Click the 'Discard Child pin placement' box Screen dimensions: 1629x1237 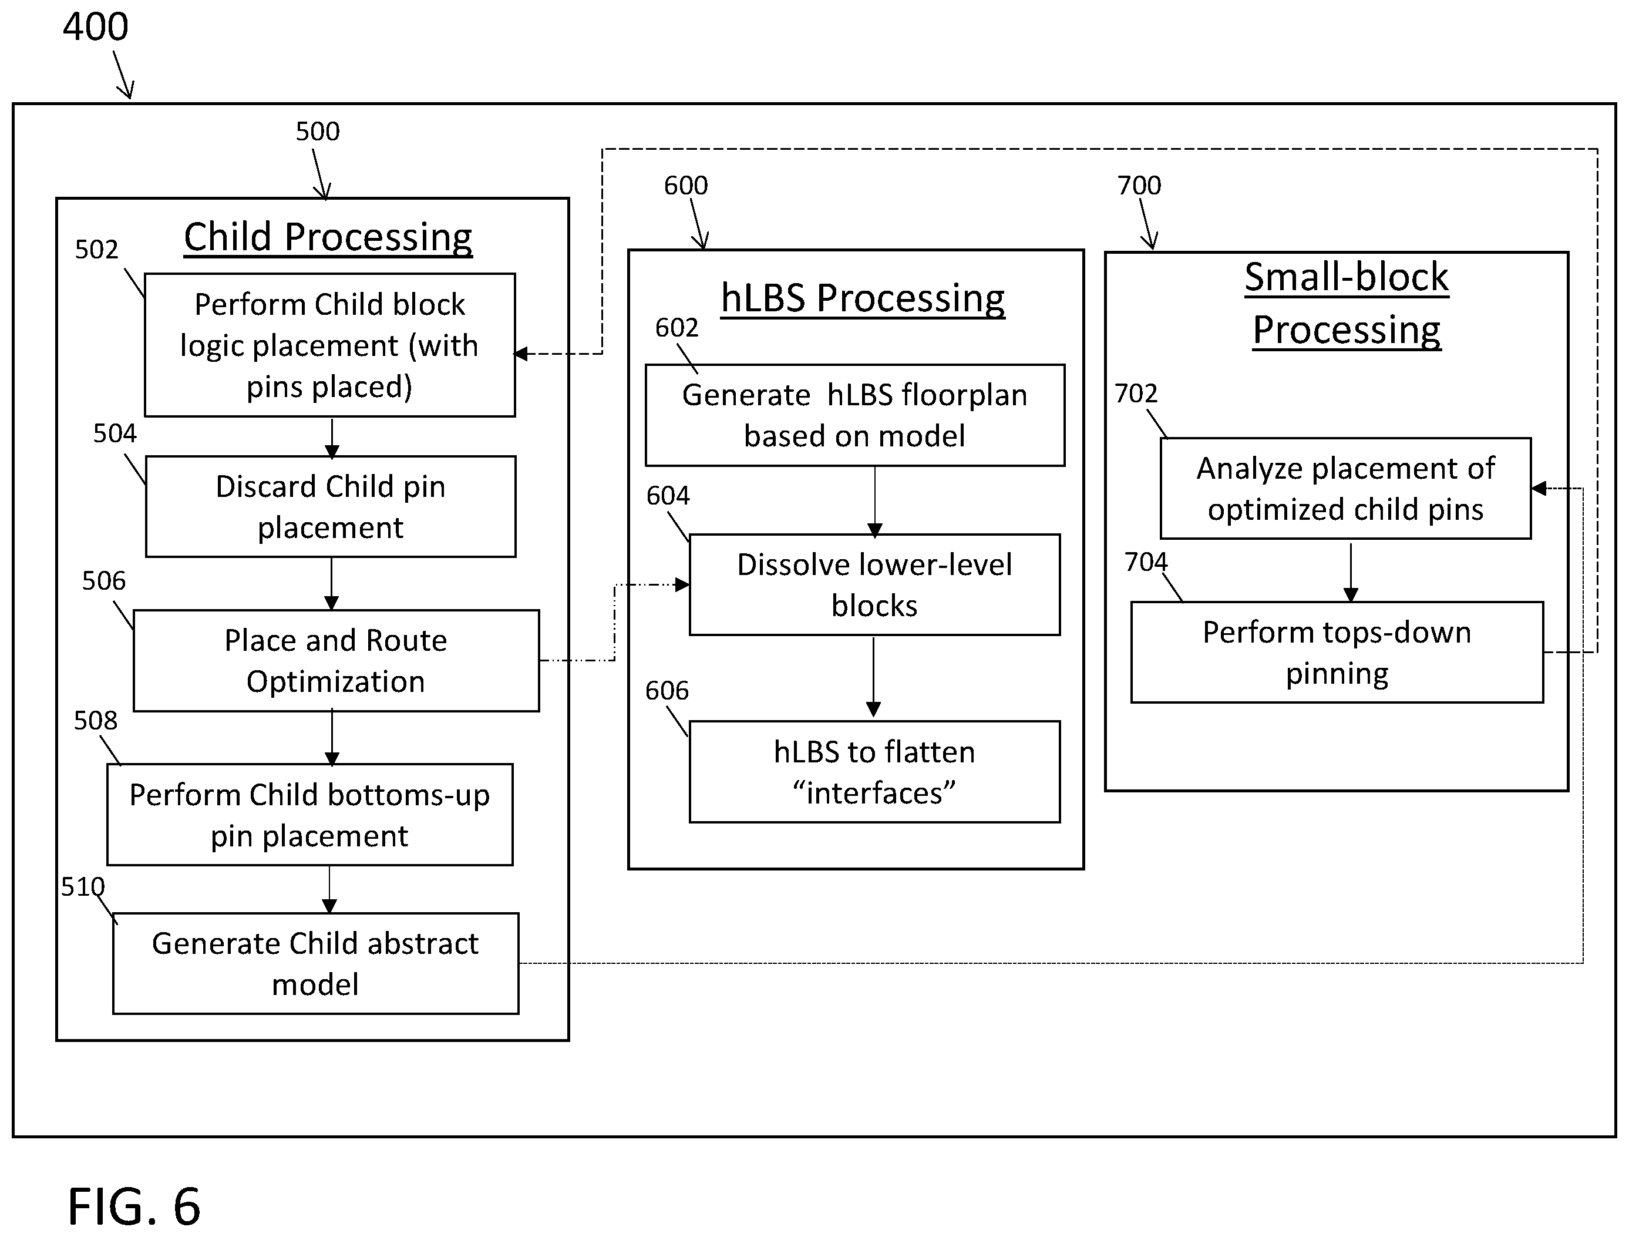point(331,506)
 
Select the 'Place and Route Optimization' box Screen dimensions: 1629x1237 point(336,660)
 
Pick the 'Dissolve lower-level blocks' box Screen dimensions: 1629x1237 point(874,584)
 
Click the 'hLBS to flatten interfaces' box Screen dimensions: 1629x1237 point(874,771)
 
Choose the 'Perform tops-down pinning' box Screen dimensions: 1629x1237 point(1337,652)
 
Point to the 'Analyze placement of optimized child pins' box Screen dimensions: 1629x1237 point(1345,489)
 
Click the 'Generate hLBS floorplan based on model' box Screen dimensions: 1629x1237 point(854,415)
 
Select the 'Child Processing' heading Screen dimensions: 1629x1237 point(328,237)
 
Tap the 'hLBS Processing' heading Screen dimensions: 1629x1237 point(863,298)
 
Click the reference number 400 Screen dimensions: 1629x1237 point(96,27)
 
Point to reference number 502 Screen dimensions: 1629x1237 point(96,250)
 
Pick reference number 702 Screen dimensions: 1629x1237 point(1136,394)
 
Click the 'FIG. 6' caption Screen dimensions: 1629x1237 point(134,1205)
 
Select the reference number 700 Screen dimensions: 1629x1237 point(1139,185)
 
